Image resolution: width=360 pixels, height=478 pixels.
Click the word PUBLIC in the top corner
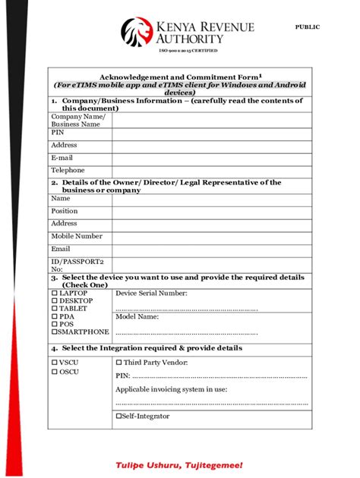[307, 27]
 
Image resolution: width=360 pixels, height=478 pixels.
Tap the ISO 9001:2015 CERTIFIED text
[188, 50]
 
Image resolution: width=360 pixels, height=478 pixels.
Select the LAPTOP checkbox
[54, 293]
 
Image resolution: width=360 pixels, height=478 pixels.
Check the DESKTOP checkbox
[54, 300]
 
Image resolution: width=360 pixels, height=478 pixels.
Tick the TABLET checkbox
[54, 309]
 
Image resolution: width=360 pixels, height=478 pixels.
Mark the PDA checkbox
[54, 316]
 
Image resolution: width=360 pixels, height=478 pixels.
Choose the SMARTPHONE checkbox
[54, 332]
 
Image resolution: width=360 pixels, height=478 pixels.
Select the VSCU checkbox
[54, 363]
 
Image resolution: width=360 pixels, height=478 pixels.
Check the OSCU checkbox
[54, 372]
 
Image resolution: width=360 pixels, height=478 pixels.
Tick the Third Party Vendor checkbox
[118, 363]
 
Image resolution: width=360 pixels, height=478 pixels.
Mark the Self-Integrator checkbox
[118, 416]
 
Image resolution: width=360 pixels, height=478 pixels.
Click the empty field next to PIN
[212, 134]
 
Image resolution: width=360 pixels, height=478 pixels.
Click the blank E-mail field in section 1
[212, 159]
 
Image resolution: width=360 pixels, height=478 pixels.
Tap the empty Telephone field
[212, 171]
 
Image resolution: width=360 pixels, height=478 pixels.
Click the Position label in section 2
[65, 211]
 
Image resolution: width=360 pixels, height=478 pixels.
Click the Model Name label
[137, 317]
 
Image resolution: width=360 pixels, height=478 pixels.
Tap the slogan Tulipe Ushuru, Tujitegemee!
[179, 464]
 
